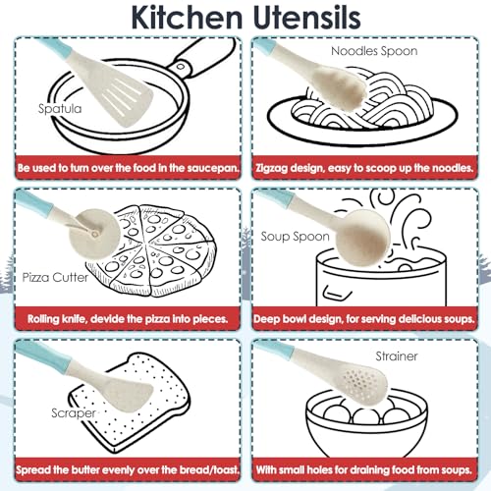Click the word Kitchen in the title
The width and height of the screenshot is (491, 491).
(187, 17)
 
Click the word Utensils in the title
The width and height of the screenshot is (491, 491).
(307, 17)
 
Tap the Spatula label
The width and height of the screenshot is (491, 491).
(60, 109)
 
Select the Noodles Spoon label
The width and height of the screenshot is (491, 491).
(374, 51)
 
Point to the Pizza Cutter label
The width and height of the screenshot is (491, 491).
(55, 278)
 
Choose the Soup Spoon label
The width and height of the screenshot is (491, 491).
(295, 237)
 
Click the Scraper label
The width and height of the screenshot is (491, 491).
(74, 413)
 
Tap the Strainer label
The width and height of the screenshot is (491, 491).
(397, 356)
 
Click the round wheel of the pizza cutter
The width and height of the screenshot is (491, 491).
(94, 234)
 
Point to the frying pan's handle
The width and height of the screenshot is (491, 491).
(199, 59)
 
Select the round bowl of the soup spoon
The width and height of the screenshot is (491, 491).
(362, 238)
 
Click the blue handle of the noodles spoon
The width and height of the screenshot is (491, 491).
(264, 45)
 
